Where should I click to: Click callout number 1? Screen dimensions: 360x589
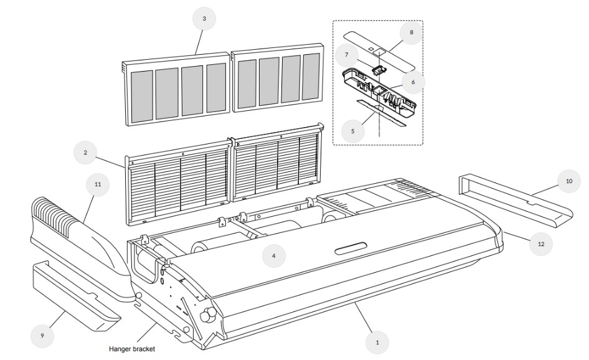tap(376, 341)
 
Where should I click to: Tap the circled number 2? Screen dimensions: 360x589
tap(85, 152)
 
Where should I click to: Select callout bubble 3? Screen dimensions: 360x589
tap(204, 19)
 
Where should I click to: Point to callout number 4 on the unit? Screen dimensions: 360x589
tap(274, 255)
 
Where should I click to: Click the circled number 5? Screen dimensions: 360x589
tap(353, 131)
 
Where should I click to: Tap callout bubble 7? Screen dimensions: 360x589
tap(346, 55)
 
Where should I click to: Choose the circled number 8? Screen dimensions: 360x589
tap(411, 32)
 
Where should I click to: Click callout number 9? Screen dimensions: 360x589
tap(43, 335)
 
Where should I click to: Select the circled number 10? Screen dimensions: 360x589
tap(569, 181)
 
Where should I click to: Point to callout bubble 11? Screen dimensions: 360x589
tap(98, 184)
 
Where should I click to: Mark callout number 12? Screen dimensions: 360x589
tap(540, 244)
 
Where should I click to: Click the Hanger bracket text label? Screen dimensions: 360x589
tap(131, 349)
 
